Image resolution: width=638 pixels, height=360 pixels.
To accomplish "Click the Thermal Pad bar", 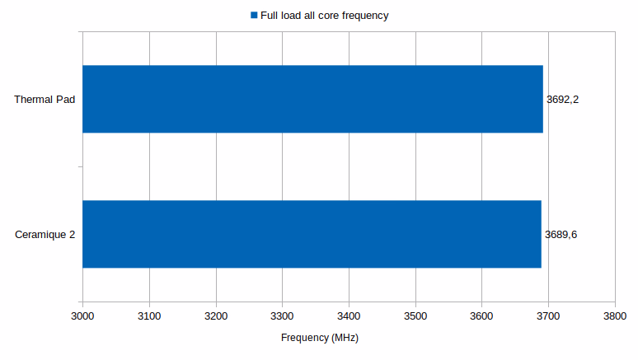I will tap(312, 99).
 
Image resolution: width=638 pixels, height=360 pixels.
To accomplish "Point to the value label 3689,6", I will tap(561, 235).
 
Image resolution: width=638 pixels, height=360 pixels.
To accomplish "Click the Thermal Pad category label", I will tap(45, 100).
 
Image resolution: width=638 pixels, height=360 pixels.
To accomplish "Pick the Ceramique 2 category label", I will tap(45, 235).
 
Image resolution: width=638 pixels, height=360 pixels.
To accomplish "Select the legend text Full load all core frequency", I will tap(324, 16).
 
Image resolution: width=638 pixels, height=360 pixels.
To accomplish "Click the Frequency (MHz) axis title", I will tap(320, 338).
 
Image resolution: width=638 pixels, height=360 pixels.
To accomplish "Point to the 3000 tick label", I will tap(82, 316).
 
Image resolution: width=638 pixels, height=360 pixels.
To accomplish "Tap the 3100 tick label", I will tap(149, 316).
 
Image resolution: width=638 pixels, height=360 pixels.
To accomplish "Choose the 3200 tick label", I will tap(215, 316).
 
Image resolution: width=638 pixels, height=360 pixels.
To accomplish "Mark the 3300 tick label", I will tap(282, 316).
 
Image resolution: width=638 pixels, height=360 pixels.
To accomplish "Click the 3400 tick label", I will tap(349, 316).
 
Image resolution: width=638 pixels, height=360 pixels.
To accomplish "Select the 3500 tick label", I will tap(415, 316).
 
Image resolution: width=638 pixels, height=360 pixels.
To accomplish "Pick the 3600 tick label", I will tap(481, 316).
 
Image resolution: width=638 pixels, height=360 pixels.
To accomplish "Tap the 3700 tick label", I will tap(548, 316).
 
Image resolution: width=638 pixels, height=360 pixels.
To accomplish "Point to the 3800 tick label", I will tap(615, 316).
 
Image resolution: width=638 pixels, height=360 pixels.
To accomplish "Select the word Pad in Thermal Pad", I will tap(65, 100).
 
